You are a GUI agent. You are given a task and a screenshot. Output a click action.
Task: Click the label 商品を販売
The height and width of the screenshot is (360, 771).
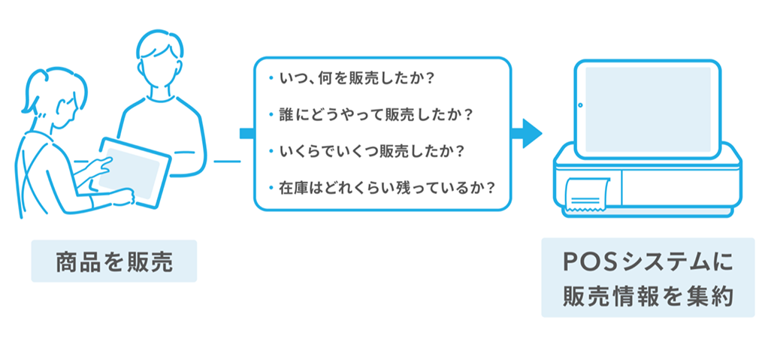pyautogui.click(x=113, y=262)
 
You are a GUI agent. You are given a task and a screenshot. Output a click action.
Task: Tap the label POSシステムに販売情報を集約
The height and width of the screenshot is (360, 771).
pyautogui.click(x=647, y=278)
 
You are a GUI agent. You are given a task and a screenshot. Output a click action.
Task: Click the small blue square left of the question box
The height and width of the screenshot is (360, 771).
pyautogui.click(x=245, y=134)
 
